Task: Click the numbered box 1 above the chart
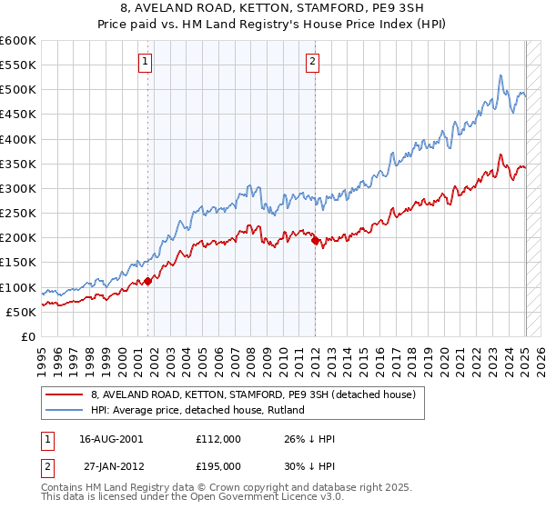(x=146, y=62)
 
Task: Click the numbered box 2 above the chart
(x=312, y=62)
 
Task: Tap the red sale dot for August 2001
(x=147, y=281)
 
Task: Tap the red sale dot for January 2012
(x=315, y=241)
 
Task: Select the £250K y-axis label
(x=18, y=214)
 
